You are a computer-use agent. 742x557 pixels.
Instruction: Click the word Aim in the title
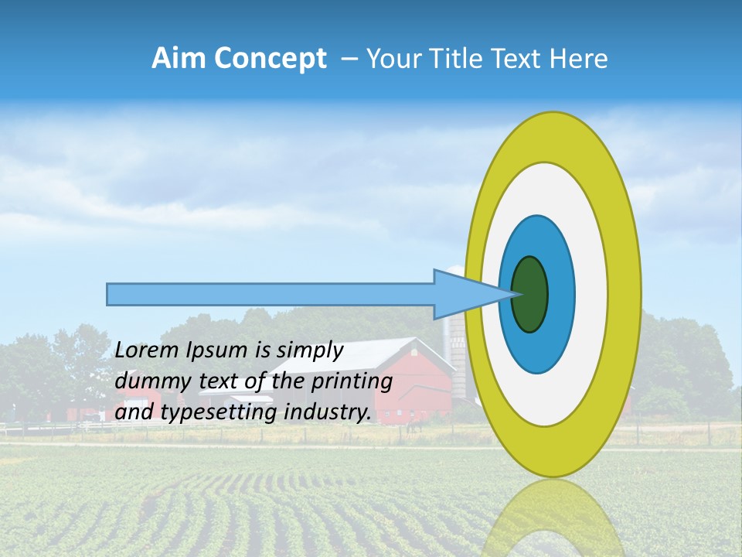tap(179, 59)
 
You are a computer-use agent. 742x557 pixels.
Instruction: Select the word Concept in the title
tap(271, 59)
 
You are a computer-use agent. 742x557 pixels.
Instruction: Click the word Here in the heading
tap(579, 59)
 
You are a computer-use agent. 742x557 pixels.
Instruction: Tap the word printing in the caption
tap(351, 381)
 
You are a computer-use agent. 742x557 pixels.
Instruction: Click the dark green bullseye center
tap(530, 294)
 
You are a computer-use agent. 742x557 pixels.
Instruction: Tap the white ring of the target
tap(591, 294)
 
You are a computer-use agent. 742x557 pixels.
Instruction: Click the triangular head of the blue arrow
tap(464, 294)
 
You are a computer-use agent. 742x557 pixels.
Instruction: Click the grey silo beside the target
tap(458, 348)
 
